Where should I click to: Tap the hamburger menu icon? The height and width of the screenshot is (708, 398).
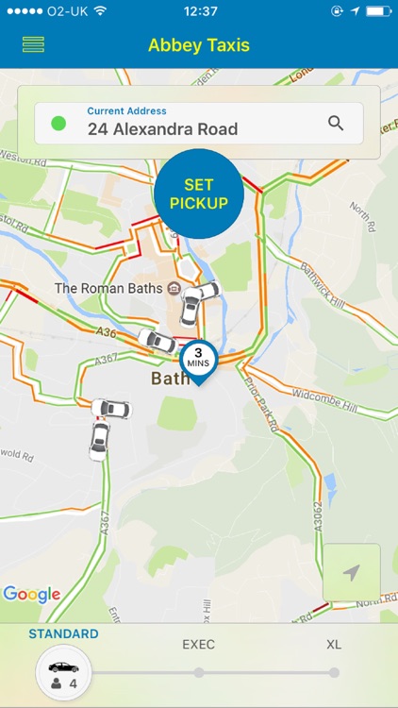33,44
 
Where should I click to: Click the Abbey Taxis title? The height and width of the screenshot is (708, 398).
199,44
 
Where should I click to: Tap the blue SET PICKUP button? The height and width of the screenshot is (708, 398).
199,193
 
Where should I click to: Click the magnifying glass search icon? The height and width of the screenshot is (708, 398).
336,123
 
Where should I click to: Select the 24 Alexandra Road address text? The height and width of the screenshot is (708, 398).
162,129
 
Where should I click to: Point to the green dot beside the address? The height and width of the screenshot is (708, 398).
58,124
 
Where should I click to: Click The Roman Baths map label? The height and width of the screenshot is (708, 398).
108,288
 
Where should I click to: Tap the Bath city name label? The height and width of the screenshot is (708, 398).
171,379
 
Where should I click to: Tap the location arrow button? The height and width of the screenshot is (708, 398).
352,572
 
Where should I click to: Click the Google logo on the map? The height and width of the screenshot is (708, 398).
32,594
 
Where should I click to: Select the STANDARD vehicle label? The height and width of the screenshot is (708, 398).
63,634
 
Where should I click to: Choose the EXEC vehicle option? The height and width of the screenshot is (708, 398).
198,645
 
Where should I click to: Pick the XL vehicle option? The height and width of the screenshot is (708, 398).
334,645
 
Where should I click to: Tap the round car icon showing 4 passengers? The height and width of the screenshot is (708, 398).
63,672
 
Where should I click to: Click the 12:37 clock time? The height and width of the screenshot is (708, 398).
199,11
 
